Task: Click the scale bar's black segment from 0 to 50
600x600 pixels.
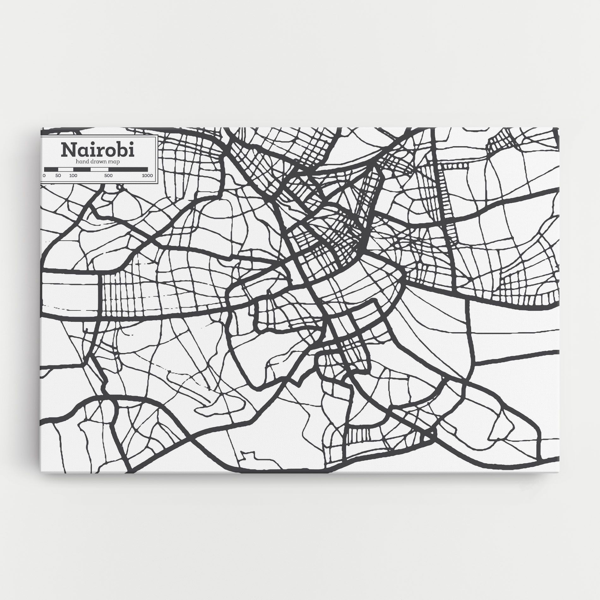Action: pos(51,169)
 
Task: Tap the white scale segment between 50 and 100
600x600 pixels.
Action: pos(66,169)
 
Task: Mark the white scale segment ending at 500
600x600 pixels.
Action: pos(99,169)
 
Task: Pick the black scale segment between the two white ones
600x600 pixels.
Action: pos(82,169)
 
